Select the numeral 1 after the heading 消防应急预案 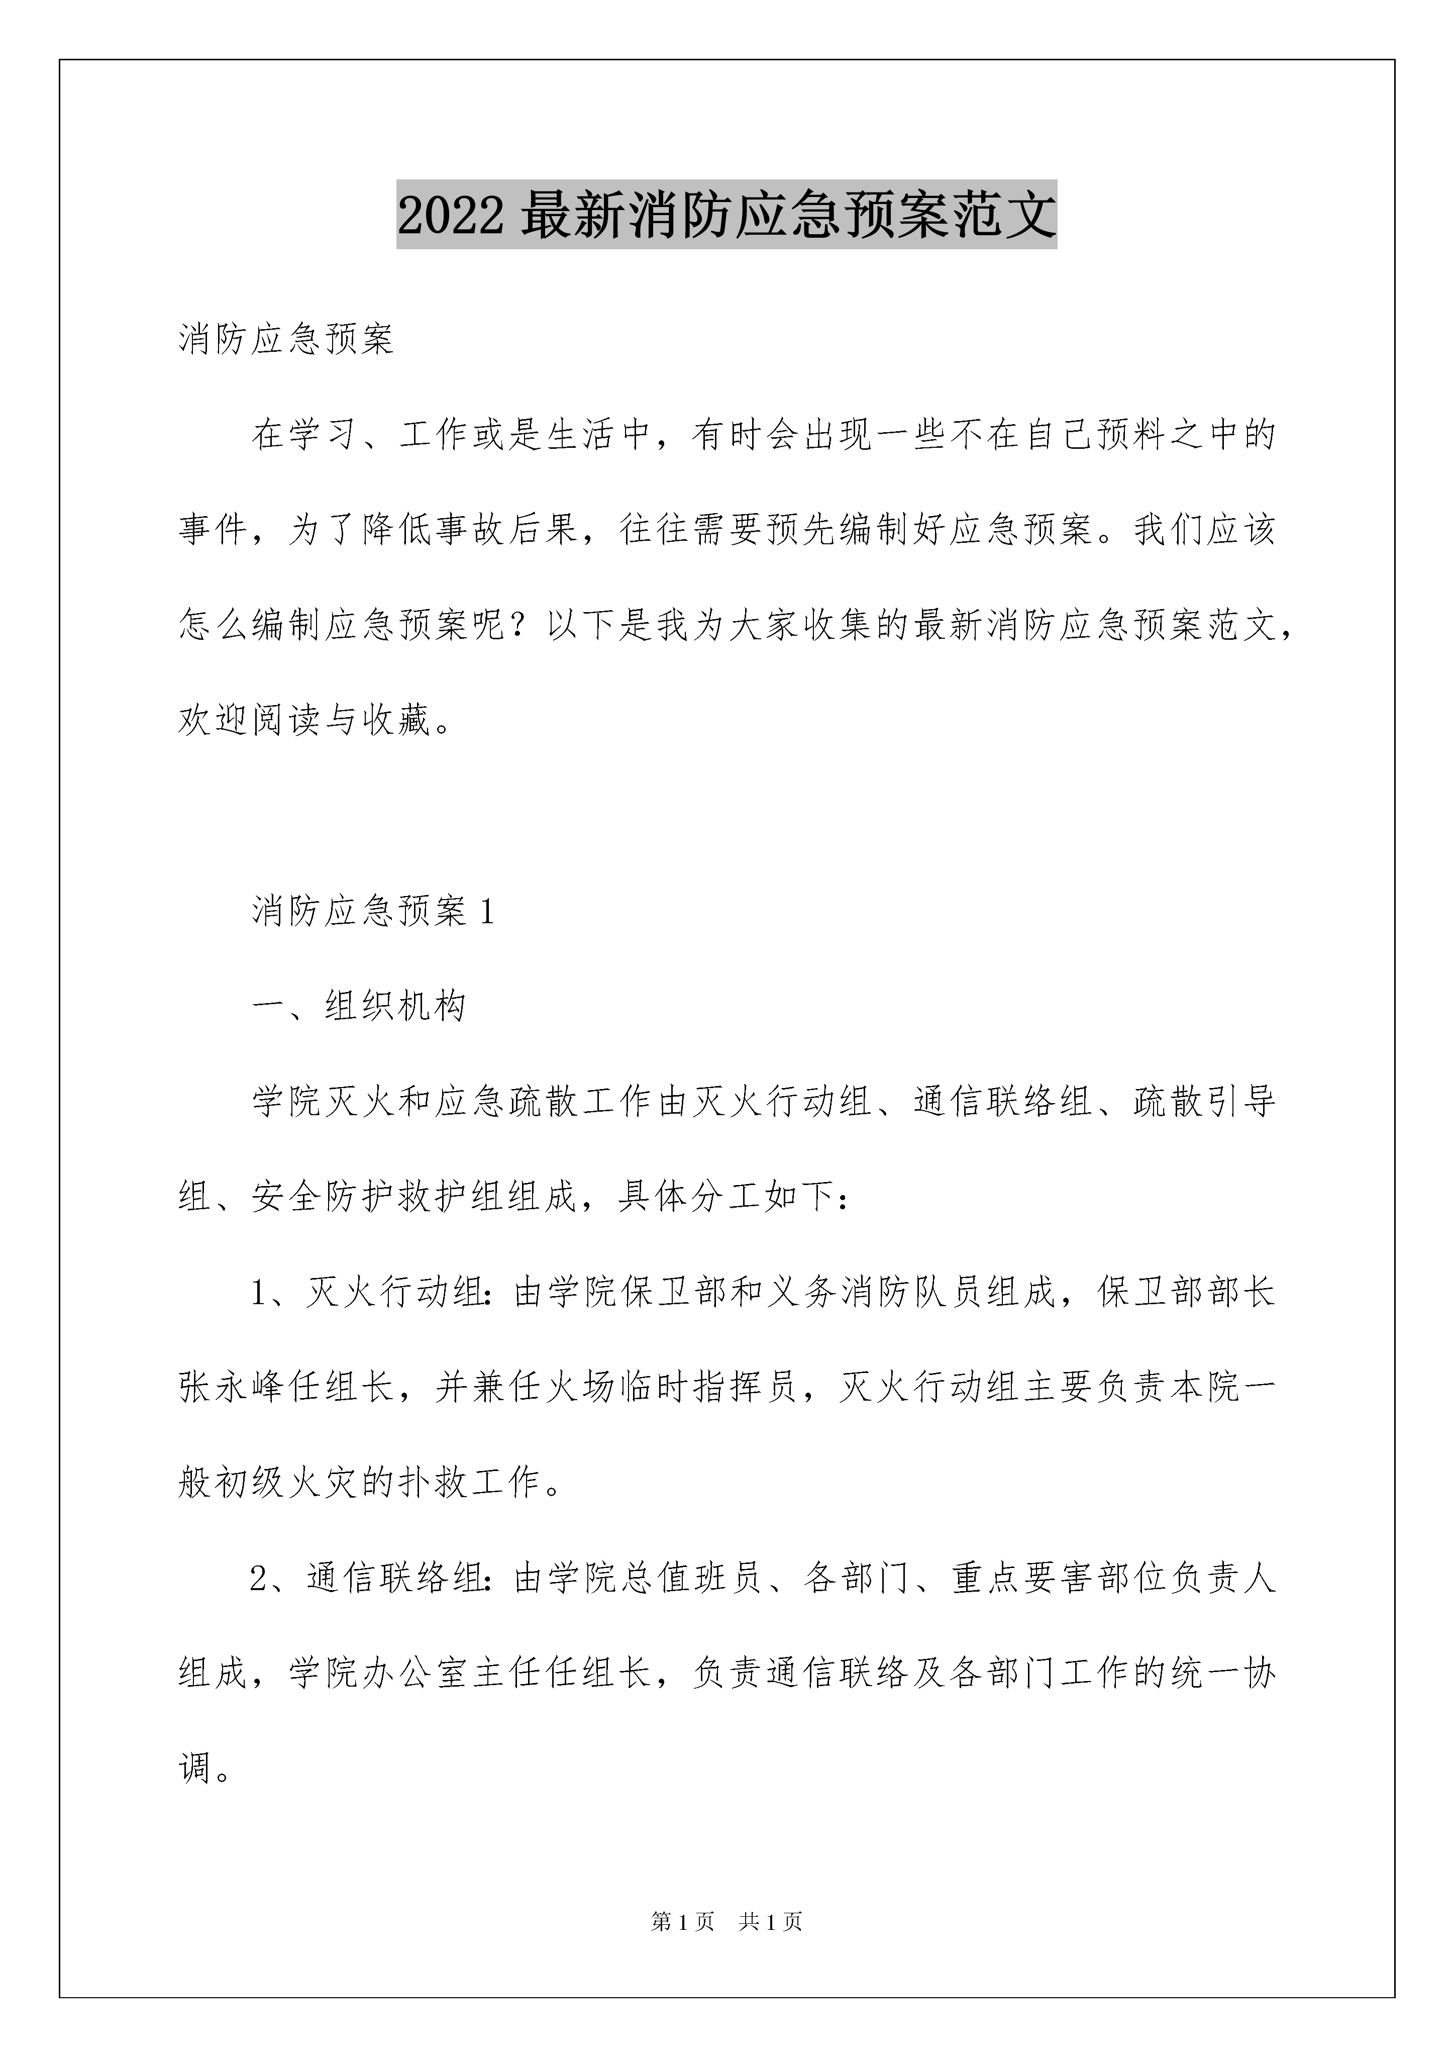pyautogui.click(x=487, y=912)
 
